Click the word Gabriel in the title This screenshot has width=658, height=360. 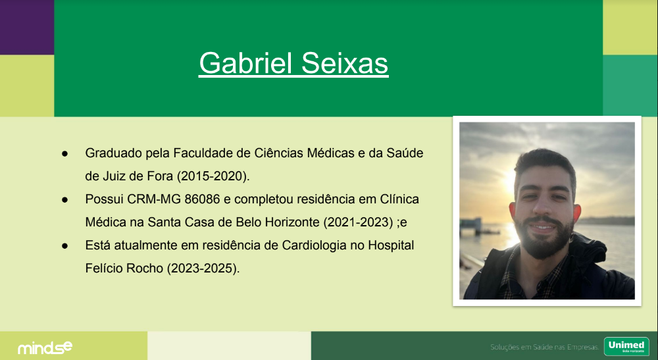(x=245, y=63)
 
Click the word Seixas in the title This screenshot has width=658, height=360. (x=345, y=63)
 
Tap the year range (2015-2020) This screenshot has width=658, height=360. (x=213, y=176)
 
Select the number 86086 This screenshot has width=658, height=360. (x=202, y=199)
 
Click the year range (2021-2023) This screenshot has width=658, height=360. (x=358, y=222)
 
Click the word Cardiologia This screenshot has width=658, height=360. (x=315, y=245)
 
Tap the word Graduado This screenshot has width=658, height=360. (x=113, y=153)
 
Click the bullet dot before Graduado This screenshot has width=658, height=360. (x=64, y=154)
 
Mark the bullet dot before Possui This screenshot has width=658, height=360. (x=64, y=200)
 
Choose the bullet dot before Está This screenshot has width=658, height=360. (x=64, y=246)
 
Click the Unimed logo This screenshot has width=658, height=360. (x=626, y=347)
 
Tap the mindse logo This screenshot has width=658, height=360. (x=45, y=347)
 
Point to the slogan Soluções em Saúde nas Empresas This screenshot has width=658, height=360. (x=545, y=347)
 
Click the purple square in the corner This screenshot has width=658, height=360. (x=27, y=27)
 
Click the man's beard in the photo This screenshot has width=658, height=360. (x=544, y=239)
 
